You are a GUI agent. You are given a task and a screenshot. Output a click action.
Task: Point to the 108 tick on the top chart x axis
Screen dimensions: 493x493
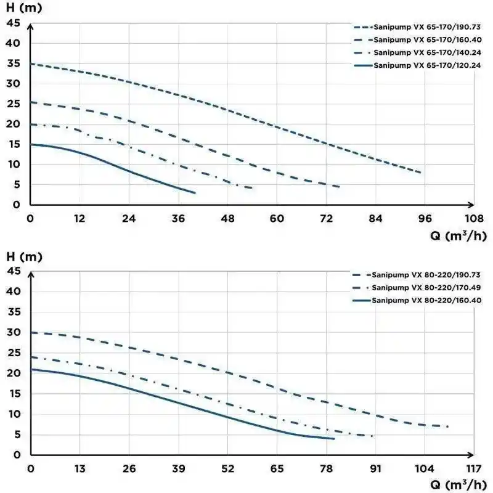[474, 218]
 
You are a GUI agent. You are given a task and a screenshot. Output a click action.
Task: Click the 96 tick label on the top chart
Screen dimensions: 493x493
[425, 218]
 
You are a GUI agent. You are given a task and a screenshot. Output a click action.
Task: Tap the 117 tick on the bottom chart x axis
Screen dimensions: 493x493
[474, 468]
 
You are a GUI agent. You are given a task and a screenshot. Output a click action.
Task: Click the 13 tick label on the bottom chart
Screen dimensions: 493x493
[80, 468]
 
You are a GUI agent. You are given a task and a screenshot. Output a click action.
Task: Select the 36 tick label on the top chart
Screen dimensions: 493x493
[178, 218]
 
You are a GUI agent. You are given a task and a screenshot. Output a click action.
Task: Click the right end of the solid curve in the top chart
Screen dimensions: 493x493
[195, 193]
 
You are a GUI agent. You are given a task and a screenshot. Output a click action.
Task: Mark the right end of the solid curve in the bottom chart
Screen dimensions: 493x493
[335, 439]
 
